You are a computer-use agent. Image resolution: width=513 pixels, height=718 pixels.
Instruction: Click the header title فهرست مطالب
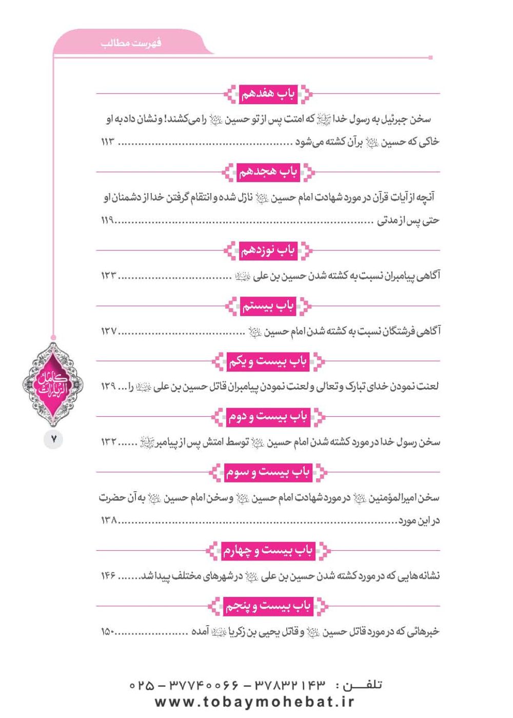tap(131, 43)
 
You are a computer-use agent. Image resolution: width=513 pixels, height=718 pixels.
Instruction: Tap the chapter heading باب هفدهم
tap(268, 94)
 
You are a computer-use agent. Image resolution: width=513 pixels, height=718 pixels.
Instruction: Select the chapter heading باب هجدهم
tap(268, 172)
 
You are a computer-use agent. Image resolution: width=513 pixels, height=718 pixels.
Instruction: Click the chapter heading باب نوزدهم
tap(268, 250)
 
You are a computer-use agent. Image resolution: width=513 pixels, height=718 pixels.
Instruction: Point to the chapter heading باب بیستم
tap(268, 306)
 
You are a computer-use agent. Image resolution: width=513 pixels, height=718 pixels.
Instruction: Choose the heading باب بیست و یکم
tap(268, 362)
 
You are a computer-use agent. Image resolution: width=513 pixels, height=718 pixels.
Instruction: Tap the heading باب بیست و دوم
tap(268, 417)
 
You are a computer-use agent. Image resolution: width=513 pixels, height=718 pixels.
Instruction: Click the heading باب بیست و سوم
tap(268, 472)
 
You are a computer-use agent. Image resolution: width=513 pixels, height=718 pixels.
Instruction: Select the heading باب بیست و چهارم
tap(268, 551)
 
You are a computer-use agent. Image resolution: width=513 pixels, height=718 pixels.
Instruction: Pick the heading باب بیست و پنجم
tap(268, 607)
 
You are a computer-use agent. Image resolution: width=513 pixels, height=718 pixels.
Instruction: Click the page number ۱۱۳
tap(107, 142)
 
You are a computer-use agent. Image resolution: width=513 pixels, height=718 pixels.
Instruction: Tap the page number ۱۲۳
tap(108, 276)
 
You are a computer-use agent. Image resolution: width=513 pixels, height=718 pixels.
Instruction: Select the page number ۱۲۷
tap(108, 332)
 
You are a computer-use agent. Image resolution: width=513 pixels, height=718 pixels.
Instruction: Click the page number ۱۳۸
tap(108, 521)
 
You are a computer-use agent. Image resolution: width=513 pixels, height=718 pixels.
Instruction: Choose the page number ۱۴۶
tap(108, 576)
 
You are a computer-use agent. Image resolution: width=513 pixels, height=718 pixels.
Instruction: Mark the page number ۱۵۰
tap(107, 632)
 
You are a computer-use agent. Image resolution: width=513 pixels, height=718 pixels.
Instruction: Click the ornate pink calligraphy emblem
tap(53, 384)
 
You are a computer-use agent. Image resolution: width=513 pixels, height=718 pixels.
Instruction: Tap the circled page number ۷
tap(53, 440)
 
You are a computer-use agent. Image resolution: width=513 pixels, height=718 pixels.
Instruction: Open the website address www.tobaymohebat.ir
tap(254, 702)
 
